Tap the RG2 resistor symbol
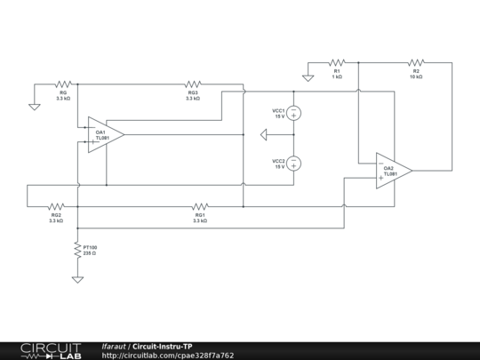(x=56, y=204)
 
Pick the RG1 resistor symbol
(x=200, y=204)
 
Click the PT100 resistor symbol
(x=77, y=251)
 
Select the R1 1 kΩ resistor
(x=336, y=63)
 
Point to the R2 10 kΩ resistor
(x=415, y=63)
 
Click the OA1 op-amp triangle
(x=104, y=134)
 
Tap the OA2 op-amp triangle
(x=392, y=170)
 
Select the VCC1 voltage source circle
(x=293, y=113)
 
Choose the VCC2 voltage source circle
(x=293, y=163)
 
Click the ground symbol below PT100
(x=77, y=279)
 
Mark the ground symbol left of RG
(x=34, y=106)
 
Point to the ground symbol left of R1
(x=308, y=77)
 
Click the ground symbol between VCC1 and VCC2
(x=263, y=135)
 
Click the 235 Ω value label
(x=90, y=253)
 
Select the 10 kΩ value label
(x=415, y=77)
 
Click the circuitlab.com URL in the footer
(x=168, y=356)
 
